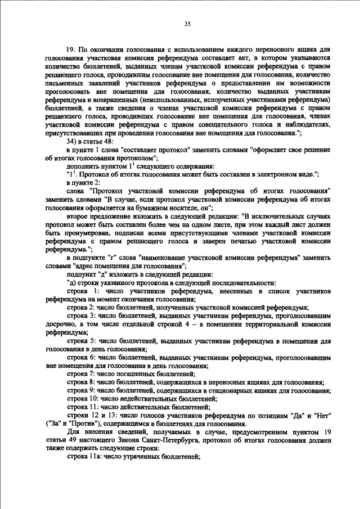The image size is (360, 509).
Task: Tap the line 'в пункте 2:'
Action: point(83,183)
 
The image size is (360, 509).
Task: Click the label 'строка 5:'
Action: point(82,341)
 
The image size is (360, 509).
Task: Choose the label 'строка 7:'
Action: point(82,374)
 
